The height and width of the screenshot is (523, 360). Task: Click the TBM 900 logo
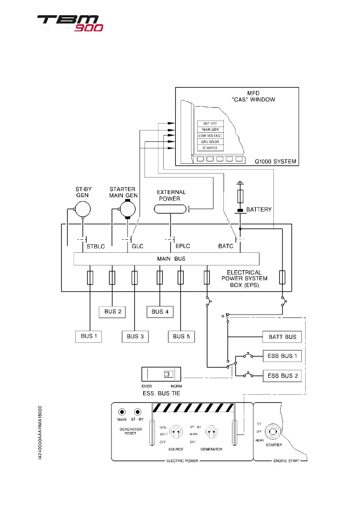(x=70, y=23)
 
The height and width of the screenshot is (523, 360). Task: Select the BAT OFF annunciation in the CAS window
(x=210, y=124)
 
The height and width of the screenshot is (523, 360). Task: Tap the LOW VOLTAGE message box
(x=210, y=136)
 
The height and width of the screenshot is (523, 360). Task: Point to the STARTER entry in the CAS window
(x=210, y=148)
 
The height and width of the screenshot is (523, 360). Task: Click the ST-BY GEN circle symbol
(x=83, y=211)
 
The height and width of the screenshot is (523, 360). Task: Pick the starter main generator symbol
(x=128, y=211)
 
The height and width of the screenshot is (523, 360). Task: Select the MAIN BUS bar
(x=167, y=258)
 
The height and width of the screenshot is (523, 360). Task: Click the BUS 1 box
(x=89, y=336)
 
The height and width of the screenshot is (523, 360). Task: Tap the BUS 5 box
(x=181, y=336)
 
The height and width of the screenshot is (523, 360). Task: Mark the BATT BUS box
(x=282, y=336)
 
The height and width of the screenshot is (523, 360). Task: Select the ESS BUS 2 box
(x=282, y=375)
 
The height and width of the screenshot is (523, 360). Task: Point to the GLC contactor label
(x=138, y=246)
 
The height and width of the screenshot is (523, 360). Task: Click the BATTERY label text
(x=259, y=209)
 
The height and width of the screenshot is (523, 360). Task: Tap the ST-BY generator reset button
(x=138, y=412)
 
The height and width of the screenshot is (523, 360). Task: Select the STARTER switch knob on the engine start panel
(x=273, y=432)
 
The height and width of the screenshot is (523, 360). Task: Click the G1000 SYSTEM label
(x=276, y=161)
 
